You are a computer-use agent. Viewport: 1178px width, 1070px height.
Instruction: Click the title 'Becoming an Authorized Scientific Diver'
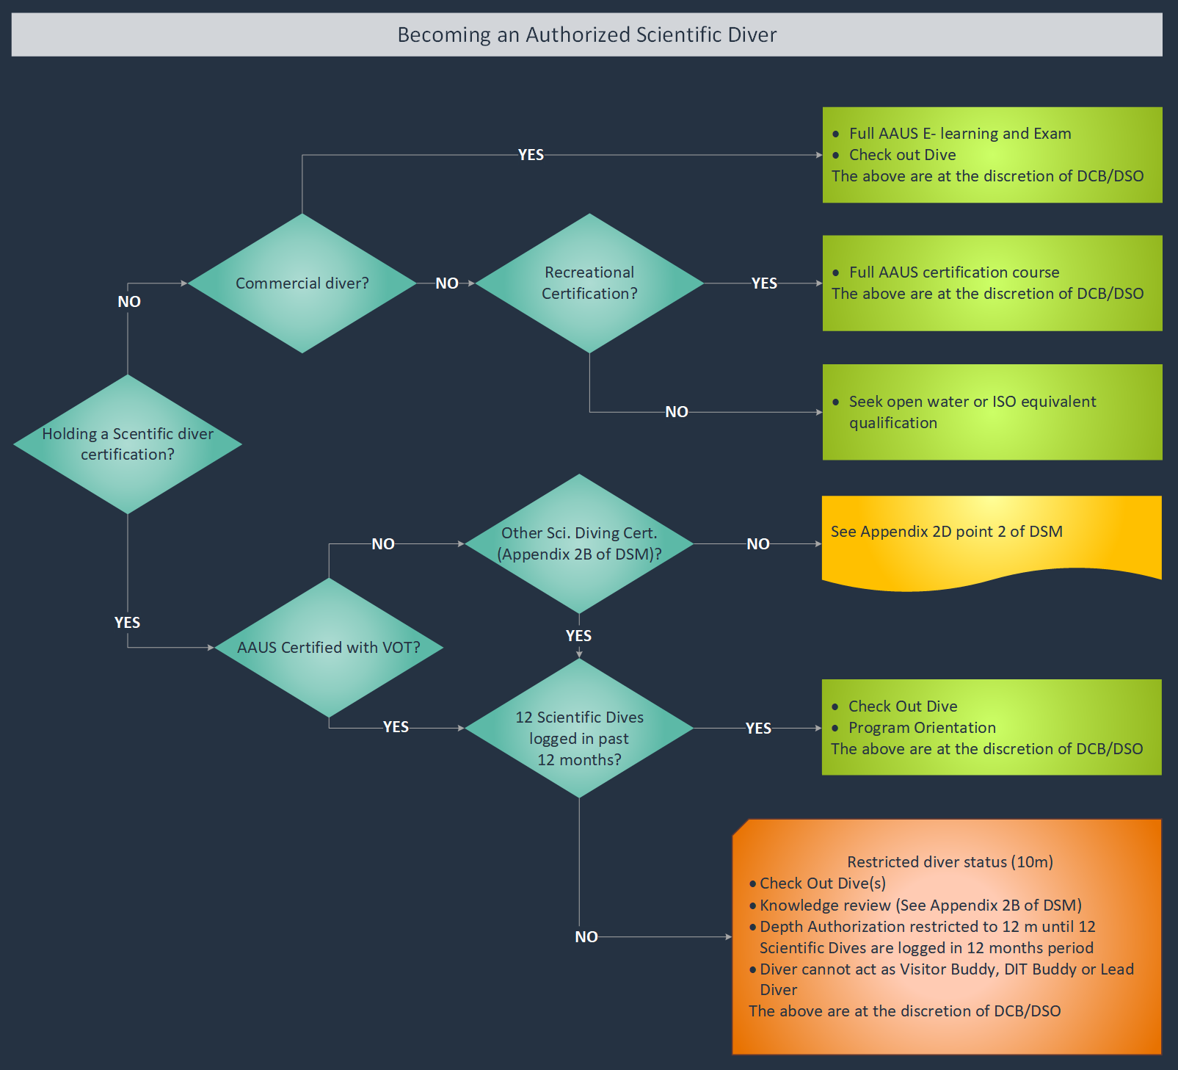click(x=586, y=35)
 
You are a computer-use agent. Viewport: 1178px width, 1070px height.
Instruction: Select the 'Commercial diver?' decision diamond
click(x=302, y=283)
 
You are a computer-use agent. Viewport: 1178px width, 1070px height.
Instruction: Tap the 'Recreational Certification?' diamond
click(x=589, y=283)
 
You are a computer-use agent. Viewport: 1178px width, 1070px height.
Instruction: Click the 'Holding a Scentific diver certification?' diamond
click(x=128, y=444)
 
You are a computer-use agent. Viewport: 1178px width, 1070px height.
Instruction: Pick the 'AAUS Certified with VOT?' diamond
click(x=328, y=648)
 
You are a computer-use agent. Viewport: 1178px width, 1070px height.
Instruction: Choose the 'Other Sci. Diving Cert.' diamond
click(x=579, y=543)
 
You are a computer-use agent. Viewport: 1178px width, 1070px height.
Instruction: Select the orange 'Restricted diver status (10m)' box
click(x=947, y=936)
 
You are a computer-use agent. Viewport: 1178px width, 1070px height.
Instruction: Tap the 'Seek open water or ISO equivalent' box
click(x=992, y=412)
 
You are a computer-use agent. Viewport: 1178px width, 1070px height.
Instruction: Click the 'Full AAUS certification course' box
click(x=992, y=283)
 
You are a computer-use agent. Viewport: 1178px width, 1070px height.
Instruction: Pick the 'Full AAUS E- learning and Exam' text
click(x=960, y=134)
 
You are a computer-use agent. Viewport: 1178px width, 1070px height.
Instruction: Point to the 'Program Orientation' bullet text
click(x=922, y=728)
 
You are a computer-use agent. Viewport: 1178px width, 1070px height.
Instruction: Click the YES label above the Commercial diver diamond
click(x=531, y=155)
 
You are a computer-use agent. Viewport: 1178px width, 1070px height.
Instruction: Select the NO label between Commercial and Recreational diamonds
click(x=447, y=283)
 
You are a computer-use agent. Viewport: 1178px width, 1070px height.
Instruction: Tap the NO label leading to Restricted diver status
click(x=586, y=937)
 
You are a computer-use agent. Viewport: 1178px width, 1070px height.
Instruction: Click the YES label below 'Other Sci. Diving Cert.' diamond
click(x=578, y=636)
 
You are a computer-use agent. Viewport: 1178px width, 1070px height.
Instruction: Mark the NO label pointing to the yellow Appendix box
click(x=758, y=544)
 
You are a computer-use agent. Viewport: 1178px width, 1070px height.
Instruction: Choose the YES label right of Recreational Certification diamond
click(x=764, y=283)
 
